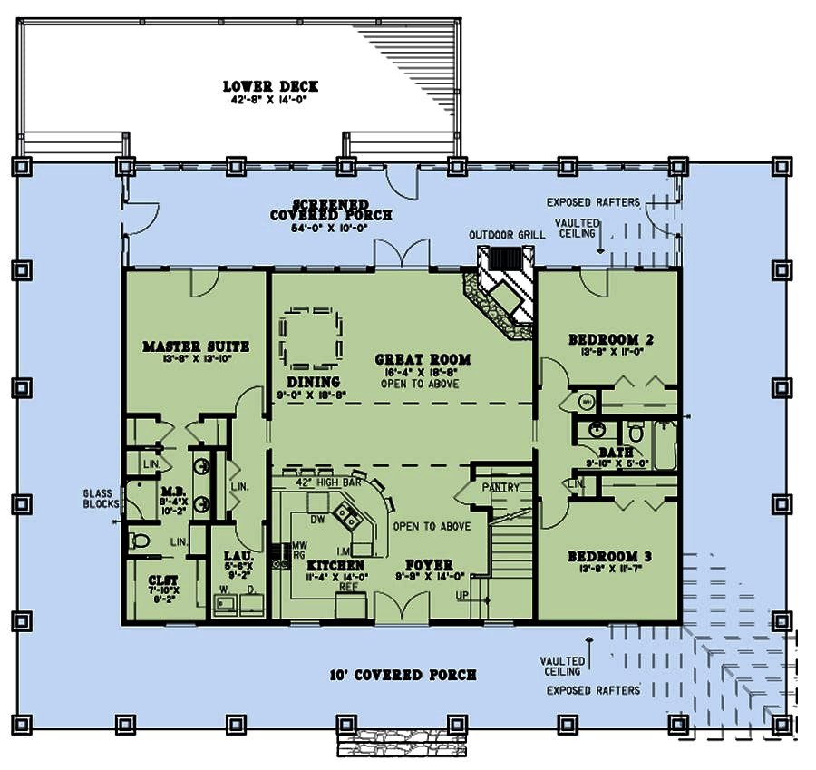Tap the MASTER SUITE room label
point(196,346)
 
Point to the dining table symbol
point(311,336)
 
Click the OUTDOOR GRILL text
point(507,235)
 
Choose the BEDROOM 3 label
point(610,556)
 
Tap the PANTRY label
point(500,487)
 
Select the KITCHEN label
point(335,567)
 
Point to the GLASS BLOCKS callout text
point(100,498)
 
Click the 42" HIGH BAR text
point(328,482)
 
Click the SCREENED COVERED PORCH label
point(331,210)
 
